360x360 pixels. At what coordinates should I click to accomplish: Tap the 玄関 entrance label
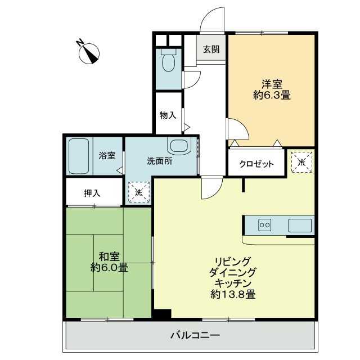tap(211, 49)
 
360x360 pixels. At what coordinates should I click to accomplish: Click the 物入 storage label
tap(168, 115)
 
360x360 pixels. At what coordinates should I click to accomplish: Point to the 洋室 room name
tap(272, 84)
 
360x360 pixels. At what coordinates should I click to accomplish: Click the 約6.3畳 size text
tap(272, 96)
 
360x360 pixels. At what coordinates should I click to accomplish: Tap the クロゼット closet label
tap(256, 164)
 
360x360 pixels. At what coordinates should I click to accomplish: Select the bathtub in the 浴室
tap(79, 156)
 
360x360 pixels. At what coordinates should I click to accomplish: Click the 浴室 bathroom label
tap(107, 156)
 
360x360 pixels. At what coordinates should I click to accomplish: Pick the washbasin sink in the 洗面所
tap(180, 146)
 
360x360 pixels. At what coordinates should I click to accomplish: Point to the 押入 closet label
tap(92, 193)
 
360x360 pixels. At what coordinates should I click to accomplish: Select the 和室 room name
tap(109, 255)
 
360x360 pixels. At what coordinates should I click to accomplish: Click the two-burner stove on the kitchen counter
tap(264, 225)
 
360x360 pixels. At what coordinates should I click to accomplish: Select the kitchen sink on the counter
tap(299, 225)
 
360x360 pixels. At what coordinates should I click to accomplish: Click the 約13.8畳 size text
tap(234, 294)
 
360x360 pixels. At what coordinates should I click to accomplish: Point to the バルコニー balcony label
tap(195, 336)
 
